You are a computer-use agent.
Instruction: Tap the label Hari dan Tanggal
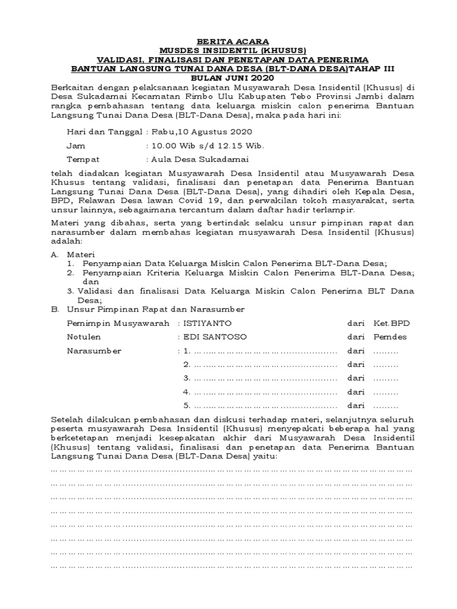click(x=104, y=131)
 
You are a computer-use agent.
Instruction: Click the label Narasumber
click(x=94, y=350)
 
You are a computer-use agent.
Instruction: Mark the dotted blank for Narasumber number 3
click(x=265, y=378)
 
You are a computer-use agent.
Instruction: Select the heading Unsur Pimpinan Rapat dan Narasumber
click(x=155, y=309)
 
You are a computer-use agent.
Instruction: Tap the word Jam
click(x=76, y=145)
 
